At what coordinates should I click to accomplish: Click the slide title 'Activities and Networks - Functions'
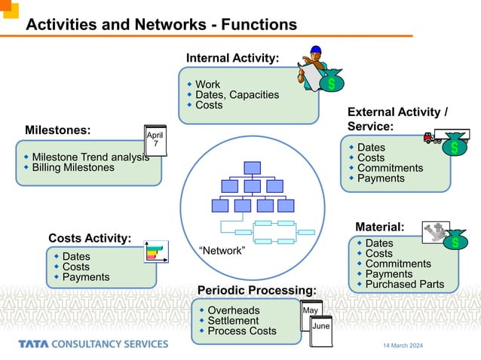click(161, 25)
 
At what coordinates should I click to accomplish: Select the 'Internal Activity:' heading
click(232, 58)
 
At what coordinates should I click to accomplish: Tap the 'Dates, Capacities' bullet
click(237, 95)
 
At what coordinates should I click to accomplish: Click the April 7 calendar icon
click(155, 140)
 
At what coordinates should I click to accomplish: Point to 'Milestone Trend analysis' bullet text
click(90, 157)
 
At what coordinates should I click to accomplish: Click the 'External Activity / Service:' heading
click(397, 119)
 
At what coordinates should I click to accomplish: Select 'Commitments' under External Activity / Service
click(390, 168)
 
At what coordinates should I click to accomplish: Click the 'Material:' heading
click(379, 226)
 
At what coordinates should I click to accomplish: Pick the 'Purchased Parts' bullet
click(404, 284)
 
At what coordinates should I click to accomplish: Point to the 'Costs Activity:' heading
click(90, 239)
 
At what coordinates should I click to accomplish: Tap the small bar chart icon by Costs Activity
click(156, 251)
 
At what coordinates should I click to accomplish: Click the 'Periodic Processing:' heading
click(256, 291)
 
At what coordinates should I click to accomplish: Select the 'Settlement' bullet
click(233, 321)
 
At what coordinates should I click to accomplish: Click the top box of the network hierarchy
click(252, 167)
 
